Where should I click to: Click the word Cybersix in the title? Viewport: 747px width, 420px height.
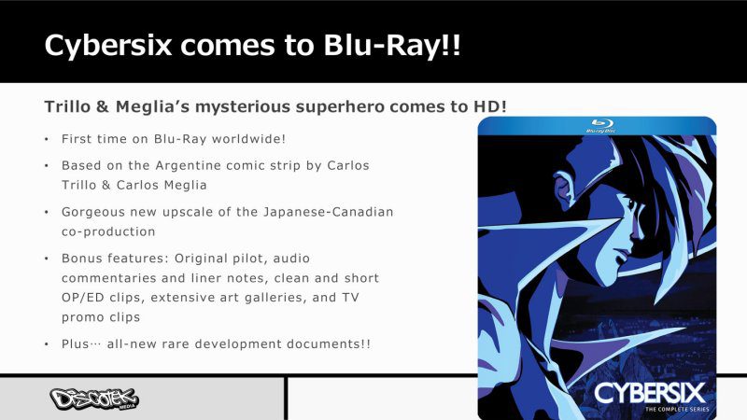(x=107, y=46)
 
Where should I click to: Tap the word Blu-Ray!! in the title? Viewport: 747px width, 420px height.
(x=392, y=45)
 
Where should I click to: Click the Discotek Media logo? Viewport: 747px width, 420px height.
(x=94, y=399)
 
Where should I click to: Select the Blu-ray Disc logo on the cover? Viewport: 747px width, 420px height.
(x=600, y=126)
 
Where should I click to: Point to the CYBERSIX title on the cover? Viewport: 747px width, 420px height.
(x=649, y=393)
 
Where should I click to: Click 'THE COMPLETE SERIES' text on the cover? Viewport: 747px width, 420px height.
(x=677, y=409)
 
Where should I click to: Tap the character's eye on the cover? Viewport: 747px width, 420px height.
(x=632, y=204)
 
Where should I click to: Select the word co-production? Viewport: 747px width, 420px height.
(x=108, y=231)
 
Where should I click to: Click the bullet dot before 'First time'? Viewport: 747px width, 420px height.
(x=47, y=139)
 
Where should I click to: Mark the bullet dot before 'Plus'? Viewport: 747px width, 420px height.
(x=47, y=344)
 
